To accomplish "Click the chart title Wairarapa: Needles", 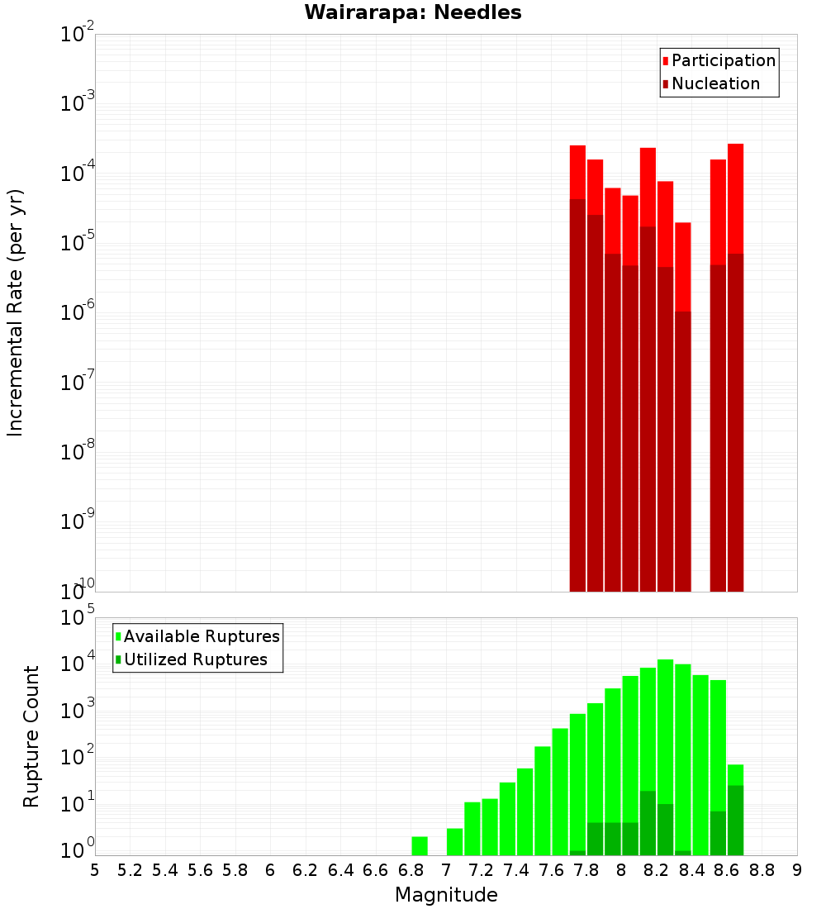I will pos(412,12).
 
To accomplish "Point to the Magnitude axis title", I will pos(446,895).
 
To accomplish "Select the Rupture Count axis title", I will pos(31,736).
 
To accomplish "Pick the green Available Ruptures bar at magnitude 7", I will pos(454,842).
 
